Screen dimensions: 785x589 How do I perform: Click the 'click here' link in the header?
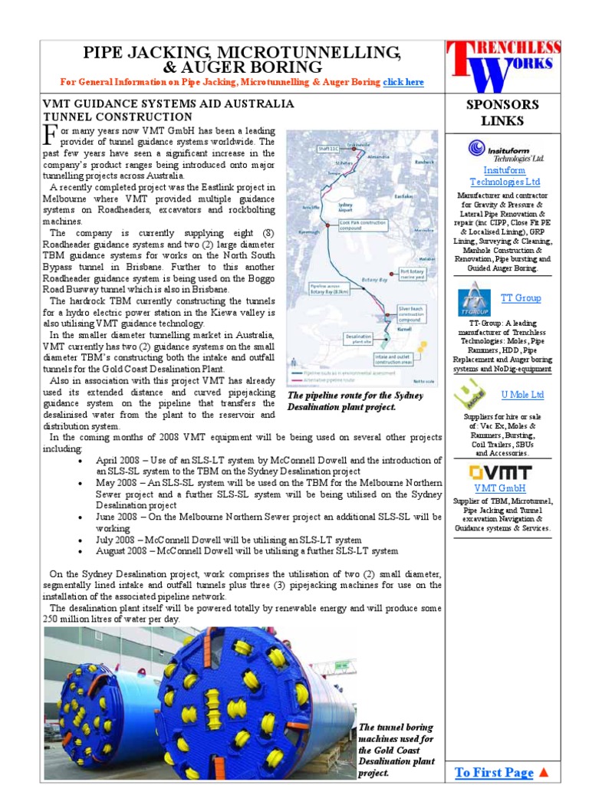[x=403, y=82]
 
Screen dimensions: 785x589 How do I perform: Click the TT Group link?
[x=521, y=297]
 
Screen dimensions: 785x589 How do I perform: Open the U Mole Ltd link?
[x=522, y=394]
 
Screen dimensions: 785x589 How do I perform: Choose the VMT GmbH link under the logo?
[x=499, y=488]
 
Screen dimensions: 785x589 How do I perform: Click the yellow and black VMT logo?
[x=499, y=471]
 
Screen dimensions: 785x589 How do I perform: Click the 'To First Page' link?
[x=493, y=772]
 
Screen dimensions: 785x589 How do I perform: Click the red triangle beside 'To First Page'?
[x=544, y=772]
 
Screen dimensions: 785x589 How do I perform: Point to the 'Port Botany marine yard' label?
[x=413, y=273]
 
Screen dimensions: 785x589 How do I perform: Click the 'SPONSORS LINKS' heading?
[x=502, y=113]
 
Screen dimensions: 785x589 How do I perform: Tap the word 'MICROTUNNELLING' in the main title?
[x=298, y=52]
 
